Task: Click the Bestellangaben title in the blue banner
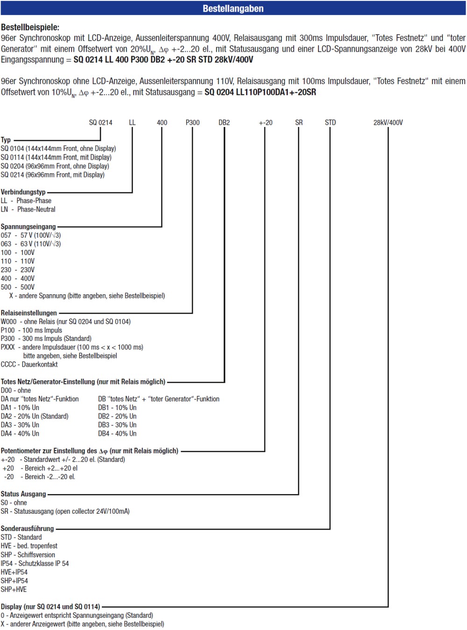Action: [x=233, y=8]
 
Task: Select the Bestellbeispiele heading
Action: [x=30, y=27]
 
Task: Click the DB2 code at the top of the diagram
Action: [x=224, y=122]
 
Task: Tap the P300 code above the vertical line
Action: [x=192, y=122]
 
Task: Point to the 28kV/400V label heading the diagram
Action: [x=388, y=122]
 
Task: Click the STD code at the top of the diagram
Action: [x=330, y=122]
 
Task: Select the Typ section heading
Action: [x=6, y=140]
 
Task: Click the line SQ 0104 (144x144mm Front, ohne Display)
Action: [x=58, y=148]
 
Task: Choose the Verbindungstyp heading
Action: [x=23, y=192]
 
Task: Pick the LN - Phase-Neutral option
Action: [x=28, y=209]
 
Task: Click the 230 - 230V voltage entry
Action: [x=18, y=269]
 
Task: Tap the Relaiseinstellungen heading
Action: [x=28, y=313]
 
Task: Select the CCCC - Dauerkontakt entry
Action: [x=29, y=364]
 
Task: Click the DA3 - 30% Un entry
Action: [x=20, y=425]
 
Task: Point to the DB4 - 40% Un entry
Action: [x=117, y=433]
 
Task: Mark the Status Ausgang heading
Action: [x=23, y=494]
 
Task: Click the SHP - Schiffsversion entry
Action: [x=28, y=554]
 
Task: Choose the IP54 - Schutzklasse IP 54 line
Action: [x=35, y=563]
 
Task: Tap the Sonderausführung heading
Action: [x=27, y=528]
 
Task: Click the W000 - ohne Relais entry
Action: [x=66, y=321]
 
